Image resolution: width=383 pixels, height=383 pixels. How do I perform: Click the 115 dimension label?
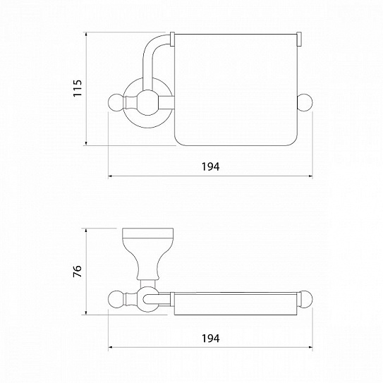click(x=78, y=88)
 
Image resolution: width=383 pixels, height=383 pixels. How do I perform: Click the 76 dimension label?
click(x=78, y=271)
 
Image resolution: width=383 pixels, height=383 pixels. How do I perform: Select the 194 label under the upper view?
click(x=211, y=166)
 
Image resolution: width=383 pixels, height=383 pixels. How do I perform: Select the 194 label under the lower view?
click(x=211, y=339)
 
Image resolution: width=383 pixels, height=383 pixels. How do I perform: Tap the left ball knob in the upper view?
click(x=116, y=102)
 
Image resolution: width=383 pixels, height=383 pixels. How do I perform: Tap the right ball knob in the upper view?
click(x=305, y=102)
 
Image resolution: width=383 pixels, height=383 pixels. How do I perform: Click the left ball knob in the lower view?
click(x=116, y=298)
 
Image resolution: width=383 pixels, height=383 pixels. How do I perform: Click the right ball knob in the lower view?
click(x=305, y=298)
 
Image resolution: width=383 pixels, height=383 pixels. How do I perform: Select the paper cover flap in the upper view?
click(x=236, y=90)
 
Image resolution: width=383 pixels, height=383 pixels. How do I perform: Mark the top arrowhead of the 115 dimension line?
click(x=86, y=35)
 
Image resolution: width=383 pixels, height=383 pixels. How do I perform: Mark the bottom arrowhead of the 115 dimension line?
click(x=86, y=143)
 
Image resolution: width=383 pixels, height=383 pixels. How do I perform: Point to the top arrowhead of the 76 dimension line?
click(x=86, y=231)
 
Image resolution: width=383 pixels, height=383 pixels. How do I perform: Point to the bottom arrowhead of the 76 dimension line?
click(x=86, y=312)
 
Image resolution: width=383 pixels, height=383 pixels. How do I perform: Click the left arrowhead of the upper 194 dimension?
click(x=111, y=176)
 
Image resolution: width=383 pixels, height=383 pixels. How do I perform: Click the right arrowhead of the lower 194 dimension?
click(x=310, y=347)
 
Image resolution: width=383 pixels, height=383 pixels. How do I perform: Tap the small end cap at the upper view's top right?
click(x=299, y=39)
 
